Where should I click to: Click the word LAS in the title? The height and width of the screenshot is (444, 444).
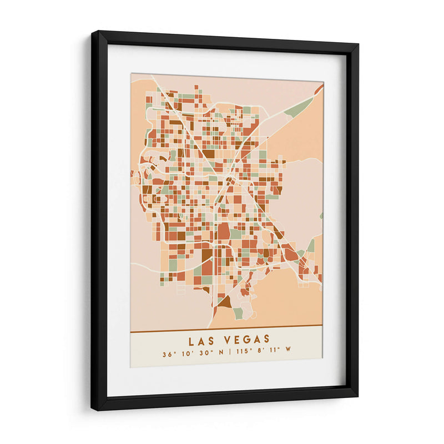(x=201, y=340)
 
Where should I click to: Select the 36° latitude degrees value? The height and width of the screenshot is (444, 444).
(x=168, y=353)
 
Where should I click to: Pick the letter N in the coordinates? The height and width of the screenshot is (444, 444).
(x=221, y=353)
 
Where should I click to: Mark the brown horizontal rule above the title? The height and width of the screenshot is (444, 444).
(x=226, y=331)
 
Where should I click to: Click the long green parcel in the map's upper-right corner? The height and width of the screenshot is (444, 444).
(x=300, y=107)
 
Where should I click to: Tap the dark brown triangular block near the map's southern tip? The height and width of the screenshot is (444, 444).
(x=224, y=302)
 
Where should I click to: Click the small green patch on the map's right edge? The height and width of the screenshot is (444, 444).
(x=321, y=216)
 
